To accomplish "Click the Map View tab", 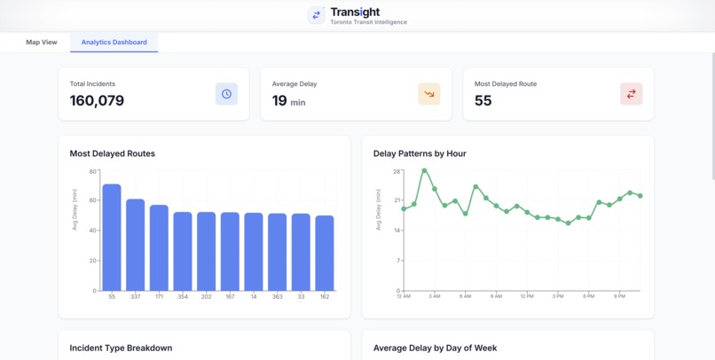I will pyautogui.click(x=41, y=43).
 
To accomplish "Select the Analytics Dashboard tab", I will pyautogui.click(x=114, y=43).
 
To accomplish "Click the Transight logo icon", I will pyautogui.click(x=316, y=15).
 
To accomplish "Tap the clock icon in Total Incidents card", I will pyautogui.click(x=226, y=94).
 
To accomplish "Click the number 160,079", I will pyautogui.click(x=97, y=101).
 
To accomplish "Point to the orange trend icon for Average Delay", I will pyautogui.click(x=428, y=94).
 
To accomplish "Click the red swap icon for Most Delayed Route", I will pyautogui.click(x=631, y=94).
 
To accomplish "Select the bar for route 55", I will pyautogui.click(x=112, y=238).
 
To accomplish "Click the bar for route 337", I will pyautogui.click(x=135, y=245).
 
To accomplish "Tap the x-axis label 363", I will pyautogui.click(x=278, y=297).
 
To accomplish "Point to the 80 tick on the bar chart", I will pyautogui.click(x=93, y=171).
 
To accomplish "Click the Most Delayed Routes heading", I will pyautogui.click(x=112, y=153).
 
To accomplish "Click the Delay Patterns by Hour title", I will pyautogui.click(x=420, y=153).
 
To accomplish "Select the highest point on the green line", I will pyautogui.click(x=424, y=170).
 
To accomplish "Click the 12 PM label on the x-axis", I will pyautogui.click(x=527, y=297).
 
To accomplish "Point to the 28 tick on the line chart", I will pyautogui.click(x=397, y=171).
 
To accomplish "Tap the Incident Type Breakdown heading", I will pyautogui.click(x=121, y=348).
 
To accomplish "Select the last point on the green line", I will pyautogui.click(x=640, y=196).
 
